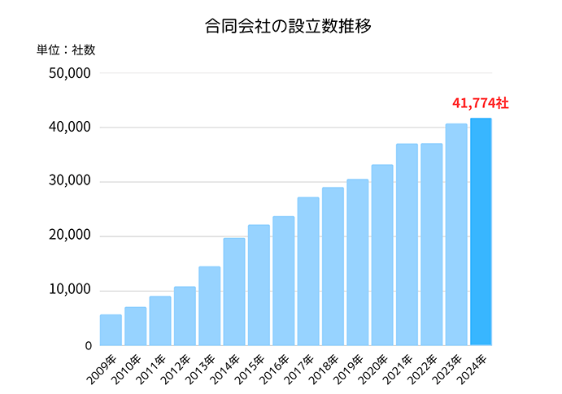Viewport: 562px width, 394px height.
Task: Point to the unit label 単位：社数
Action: pyautogui.click(x=66, y=50)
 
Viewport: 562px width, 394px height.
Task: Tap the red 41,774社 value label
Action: pyautogui.click(x=481, y=104)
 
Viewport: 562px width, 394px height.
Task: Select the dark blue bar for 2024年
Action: pyautogui.click(x=481, y=232)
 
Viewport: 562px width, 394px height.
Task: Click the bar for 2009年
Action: pyautogui.click(x=111, y=330)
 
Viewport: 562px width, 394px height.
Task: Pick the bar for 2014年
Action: pyautogui.click(x=234, y=292)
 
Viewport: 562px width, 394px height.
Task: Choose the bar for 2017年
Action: pyautogui.click(x=308, y=271)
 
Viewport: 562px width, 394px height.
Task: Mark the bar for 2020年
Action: pyautogui.click(x=382, y=255)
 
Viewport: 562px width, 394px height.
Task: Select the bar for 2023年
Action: pyautogui.click(x=456, y=234)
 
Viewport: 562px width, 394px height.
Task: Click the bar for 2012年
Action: pyautogui.click(x=185, y=316)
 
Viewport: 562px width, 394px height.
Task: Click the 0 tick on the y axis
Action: pyautogui.click(x=88, y=345)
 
